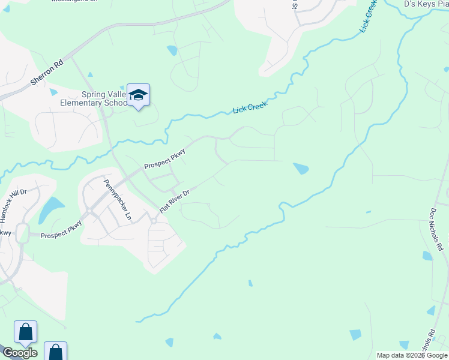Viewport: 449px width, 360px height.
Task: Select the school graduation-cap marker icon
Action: (x=139, y=95)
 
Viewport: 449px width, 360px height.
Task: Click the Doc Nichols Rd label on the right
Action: (x=435, y=229)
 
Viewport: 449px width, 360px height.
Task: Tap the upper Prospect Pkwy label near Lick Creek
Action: (x=164, y=159)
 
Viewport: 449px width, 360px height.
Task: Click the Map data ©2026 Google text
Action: (x=411, y=355)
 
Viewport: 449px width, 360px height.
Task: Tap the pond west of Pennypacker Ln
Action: (x=52, y=208)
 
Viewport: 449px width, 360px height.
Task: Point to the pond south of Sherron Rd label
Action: (x=54, y=92)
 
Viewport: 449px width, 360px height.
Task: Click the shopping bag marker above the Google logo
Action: (x=25, y=332)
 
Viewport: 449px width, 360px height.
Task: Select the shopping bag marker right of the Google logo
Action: (x=55, y=352)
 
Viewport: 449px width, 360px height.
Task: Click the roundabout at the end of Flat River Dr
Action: (x=153, y=221)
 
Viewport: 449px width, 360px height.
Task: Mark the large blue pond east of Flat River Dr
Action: (x=301, y=169)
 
